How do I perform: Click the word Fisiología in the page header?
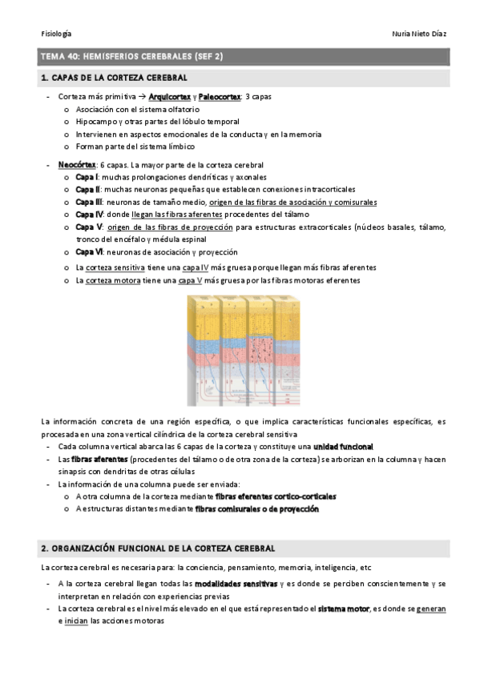pos(55,33)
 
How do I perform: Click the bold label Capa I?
pos(87,177)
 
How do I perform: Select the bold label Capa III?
pos(89,203)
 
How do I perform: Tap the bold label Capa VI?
pos(89,252)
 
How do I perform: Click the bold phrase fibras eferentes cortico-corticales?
pos(275,496)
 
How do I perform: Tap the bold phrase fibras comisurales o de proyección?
pos(256,509)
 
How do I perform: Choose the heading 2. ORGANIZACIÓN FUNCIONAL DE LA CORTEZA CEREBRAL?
pos(158,548)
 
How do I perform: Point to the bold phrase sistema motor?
pos(343,609)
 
